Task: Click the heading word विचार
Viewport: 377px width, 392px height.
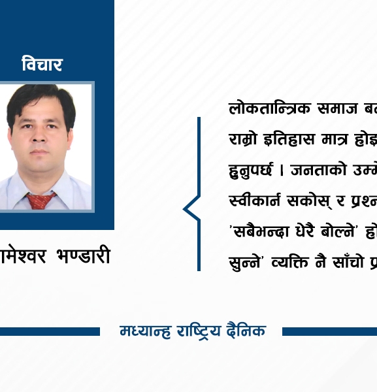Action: click(42, 65)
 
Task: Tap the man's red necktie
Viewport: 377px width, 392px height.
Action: click(40, 199)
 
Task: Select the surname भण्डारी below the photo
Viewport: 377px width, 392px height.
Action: click(82, 256)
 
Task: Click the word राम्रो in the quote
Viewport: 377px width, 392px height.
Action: click(242, 139)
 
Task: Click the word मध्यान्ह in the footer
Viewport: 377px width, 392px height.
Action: click(144, 331)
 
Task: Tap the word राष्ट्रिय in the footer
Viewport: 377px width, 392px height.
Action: click(199, 331)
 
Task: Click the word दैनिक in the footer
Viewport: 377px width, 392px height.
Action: click(248, 331)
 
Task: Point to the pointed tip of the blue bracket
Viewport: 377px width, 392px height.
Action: click(184, 210)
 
